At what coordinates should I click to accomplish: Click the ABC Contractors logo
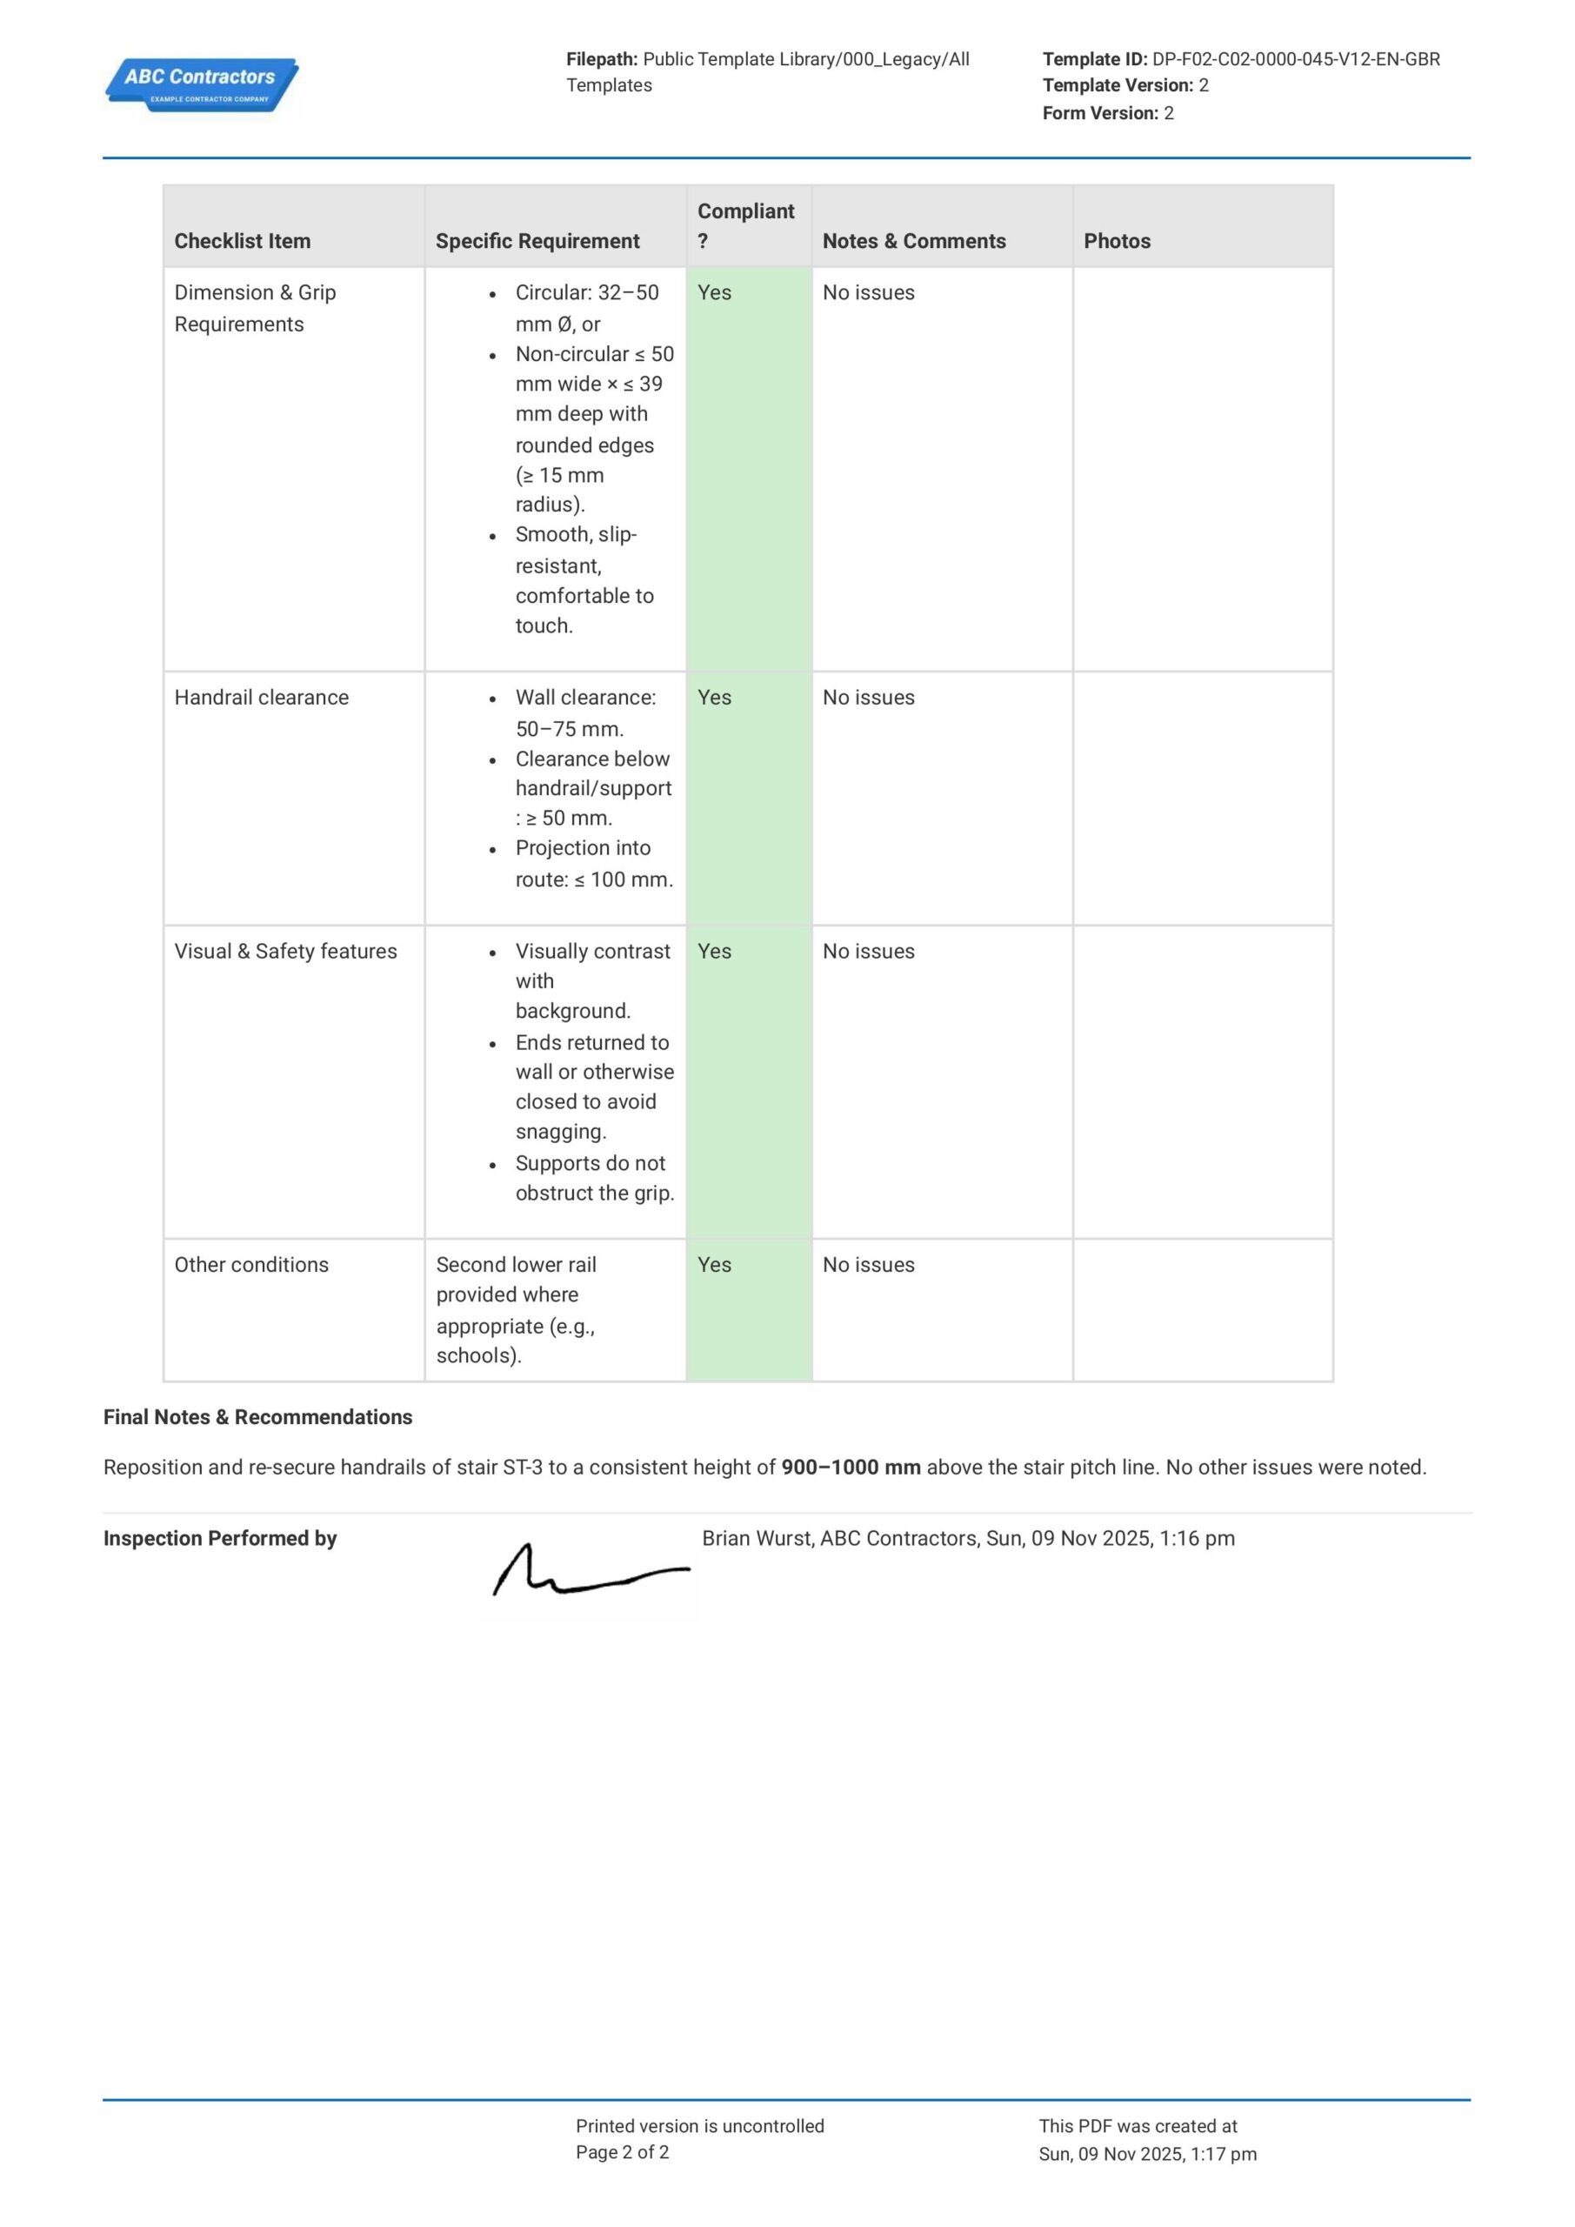201,85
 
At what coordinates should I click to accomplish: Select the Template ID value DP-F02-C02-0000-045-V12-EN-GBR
1296,59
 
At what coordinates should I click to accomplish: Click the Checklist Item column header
243,241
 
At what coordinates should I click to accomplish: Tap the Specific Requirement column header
537,241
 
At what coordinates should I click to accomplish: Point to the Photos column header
1117,241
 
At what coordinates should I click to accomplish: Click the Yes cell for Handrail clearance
715,698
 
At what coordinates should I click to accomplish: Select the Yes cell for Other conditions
715,1265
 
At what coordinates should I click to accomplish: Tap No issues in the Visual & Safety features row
868,952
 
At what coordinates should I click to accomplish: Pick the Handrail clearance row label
261,698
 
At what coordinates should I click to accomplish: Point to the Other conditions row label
251,1265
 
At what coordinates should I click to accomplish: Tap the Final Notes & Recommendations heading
258,1417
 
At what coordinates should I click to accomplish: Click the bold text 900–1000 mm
851,1468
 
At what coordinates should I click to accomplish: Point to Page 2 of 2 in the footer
622,2152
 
